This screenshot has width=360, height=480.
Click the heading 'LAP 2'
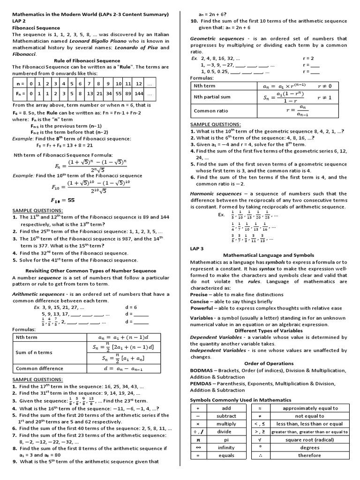click(x=20, y=21)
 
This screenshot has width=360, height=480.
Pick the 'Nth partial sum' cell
click(x=211, y=97)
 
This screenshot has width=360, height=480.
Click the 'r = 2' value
click(x=307, y=58)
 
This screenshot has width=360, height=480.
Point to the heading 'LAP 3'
click(x=197, y=248)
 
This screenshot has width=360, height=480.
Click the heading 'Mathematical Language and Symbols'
click(x=269, y=255)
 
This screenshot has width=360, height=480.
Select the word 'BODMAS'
click(x=201, y=370)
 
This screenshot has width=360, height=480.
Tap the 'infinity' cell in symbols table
click(x=226, y=448)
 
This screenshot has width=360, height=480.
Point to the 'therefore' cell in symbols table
click(x=310, y=455)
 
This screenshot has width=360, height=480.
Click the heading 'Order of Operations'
click(x=269, y=363)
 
